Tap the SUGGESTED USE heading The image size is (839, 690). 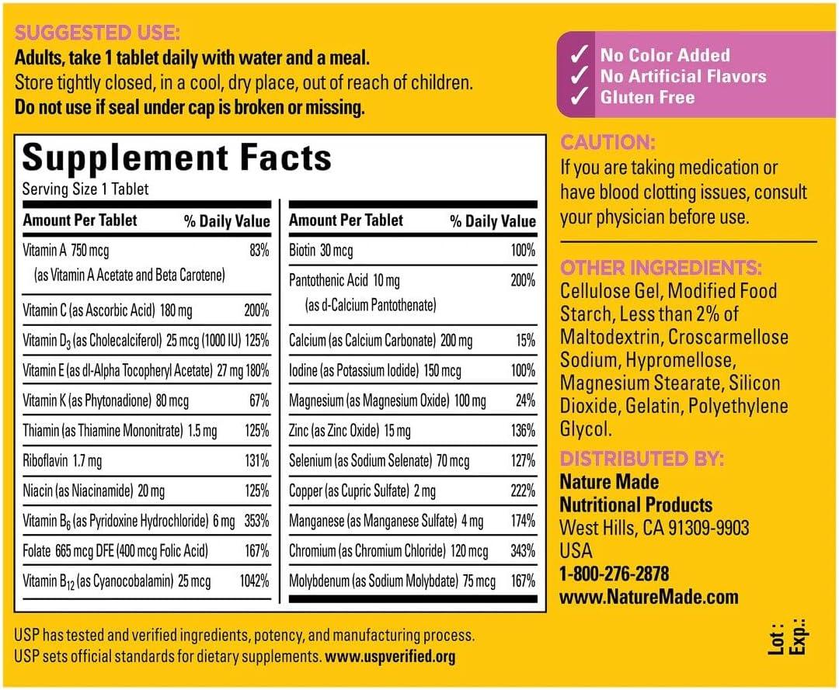(x=97, y=33)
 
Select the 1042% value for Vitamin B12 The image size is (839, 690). (x=254, y=581)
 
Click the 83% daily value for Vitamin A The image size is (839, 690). (x=259, y=250)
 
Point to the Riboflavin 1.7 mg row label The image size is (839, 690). (x=62, y=461)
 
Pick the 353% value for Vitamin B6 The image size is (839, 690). (x=256, y=521)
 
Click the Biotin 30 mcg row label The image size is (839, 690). (x=321, y=250)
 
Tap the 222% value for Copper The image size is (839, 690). (x=523, y=491)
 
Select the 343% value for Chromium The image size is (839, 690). (x=523, y=551)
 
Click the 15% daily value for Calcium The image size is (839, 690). (x=526, y=340)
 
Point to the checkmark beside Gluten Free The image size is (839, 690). (x=577, y=98)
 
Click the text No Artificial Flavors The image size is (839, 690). (x=683, y=76)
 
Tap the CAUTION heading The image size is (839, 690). (x=608, y=143)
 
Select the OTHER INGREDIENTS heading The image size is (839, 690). (x=661, y=268)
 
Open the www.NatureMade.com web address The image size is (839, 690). (x=649, y=597)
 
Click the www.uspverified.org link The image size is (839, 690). (x=391, y=656)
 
